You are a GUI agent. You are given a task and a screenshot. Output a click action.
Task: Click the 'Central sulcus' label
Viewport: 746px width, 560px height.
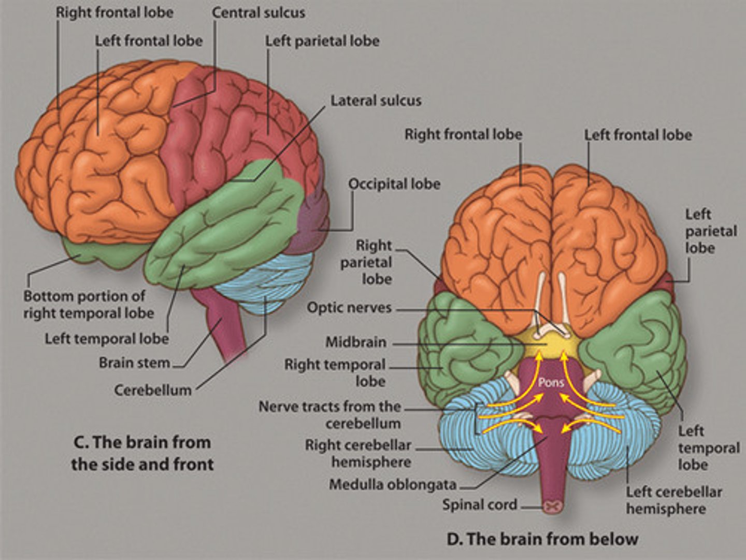[x=258, y=12]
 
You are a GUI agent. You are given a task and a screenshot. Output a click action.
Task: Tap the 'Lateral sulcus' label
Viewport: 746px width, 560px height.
[x=376, y=101]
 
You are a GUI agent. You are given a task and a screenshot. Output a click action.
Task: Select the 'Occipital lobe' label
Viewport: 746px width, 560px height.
[x=394, y=184]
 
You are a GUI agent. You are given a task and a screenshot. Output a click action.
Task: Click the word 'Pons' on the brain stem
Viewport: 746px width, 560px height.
[x=551, y=383]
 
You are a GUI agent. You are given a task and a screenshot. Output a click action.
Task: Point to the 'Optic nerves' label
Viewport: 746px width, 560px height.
[x=349, y=307]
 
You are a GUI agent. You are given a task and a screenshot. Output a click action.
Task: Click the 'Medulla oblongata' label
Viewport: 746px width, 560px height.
[x=393, y=485]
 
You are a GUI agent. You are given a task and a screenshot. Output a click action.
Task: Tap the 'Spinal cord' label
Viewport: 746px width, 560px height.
[x=479, y=505]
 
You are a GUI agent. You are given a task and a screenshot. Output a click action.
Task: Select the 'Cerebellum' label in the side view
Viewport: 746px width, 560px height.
[x=153, y=390]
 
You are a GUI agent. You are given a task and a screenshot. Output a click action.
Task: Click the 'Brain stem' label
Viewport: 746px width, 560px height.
[x=134, y=362]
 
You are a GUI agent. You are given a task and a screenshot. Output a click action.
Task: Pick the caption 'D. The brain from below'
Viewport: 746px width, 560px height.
[x=542, y=539]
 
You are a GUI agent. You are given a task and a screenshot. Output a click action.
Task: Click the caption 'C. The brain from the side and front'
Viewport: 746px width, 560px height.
[x=142, y=453]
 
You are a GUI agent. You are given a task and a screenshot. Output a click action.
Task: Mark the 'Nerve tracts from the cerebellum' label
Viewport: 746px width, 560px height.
[x=330, y=415]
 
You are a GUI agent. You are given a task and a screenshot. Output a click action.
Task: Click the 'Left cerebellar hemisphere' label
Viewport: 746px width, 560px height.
[x=673, y=500]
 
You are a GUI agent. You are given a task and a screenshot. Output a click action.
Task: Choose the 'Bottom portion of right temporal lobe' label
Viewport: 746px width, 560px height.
[x=88, y=305]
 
